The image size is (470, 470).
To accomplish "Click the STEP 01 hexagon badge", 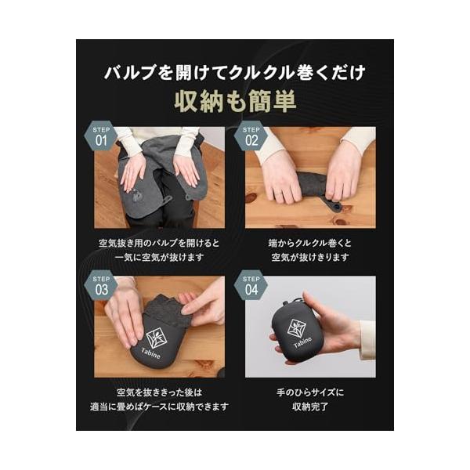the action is pyautogui.click(x=101, y=136).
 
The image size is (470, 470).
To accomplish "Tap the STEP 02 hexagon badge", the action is pyautogui.click(x=251, y=136).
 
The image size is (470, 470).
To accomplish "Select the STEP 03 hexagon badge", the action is pyautogui.click(x=101, y=285).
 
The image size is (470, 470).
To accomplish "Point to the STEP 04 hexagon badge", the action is pyautogui.click(x=251, y=285).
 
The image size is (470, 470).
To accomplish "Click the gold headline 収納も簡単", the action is pyautogui.click(x=235, y=101).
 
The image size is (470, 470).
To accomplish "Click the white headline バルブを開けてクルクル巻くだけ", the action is pyautogui.click(x=235, y=73).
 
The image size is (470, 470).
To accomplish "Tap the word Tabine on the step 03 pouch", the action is pyautogui.click(x=150, y=353).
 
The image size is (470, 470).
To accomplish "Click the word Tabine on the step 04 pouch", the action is pyautogui.click(x=302, y=342).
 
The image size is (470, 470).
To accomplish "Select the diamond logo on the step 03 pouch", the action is pyautogui.click(x=156, y=338).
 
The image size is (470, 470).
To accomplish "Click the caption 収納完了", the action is pyautogui.click(x=310, y=407).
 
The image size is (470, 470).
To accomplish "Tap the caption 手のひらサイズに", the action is pyautogui.click(x=310, y=392).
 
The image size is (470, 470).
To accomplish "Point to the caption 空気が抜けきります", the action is pyautogui.click(x=310, y=258).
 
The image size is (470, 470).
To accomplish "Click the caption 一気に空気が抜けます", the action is pyautogui.click(x=160, y=258).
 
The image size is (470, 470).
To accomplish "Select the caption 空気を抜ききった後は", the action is pyautogui.click(x=160, y=392).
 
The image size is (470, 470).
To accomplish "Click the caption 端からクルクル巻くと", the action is pyautogui.click(x=310, y=243).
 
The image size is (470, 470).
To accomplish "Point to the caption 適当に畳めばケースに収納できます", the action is pyautogui.click(x=160, y=407).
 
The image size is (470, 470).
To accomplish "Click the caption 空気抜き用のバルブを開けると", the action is pyautogui.click(x=160, y=243).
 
